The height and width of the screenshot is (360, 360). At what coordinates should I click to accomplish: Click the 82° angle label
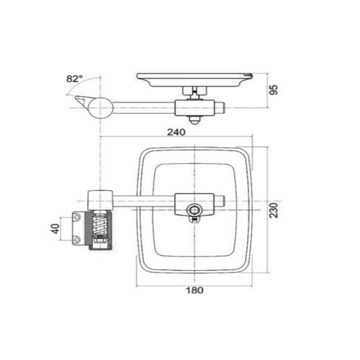74,79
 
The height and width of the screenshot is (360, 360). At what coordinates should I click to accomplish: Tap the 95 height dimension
273,89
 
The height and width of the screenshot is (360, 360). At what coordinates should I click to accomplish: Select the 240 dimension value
176,132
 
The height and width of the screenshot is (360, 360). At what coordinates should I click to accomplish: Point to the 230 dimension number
273,210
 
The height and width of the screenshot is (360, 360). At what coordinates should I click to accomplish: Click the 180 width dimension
194,290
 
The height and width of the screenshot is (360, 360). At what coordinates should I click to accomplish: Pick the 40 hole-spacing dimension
55,228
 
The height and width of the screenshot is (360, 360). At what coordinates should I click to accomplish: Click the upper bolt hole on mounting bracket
76,217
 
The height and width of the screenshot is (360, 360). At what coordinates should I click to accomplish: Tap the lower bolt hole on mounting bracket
76,240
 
